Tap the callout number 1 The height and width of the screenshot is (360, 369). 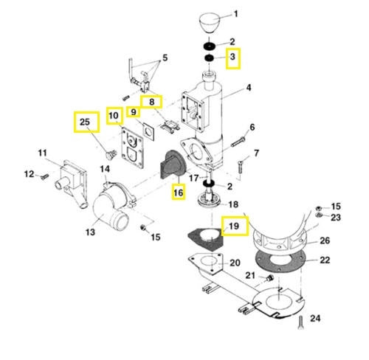click(236, 14)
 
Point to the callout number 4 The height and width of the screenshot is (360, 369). click(249, 89)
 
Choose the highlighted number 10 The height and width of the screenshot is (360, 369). click(114, 116)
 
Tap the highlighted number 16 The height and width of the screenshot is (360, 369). click(177, 193)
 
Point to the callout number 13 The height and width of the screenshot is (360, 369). click(90, 232)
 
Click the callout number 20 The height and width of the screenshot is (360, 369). click(235, 263)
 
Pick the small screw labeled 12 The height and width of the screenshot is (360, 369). click(44, 176)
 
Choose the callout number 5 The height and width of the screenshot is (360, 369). click(165, 58)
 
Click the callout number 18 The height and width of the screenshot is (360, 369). click(232, 204)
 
